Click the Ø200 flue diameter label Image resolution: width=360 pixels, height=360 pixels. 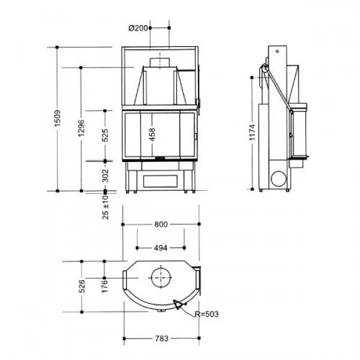pyautogui.click(x=138, y=28)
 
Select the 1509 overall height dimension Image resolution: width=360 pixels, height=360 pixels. pyautogui.click(x=58, y=118)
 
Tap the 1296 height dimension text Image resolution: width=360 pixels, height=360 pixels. pyautogui.click(x=81, y=128)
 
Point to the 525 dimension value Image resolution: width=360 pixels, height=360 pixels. pyautogui.click(x=105, y=135)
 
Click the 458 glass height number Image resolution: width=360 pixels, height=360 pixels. pyautogui.click(x=152, y=135)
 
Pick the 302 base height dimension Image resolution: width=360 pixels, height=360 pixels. pyautogui.click(x=105, y=176)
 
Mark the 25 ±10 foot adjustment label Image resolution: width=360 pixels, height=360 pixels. pyautogui.click(x=105, y=207)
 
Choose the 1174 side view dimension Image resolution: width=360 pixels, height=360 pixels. pyautogui.click(x=252, y=132)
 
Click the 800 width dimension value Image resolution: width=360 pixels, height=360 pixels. pyautogui.click(x=161, y=225)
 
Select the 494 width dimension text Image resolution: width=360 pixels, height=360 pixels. pyautogui.click(x=161, y=248)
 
